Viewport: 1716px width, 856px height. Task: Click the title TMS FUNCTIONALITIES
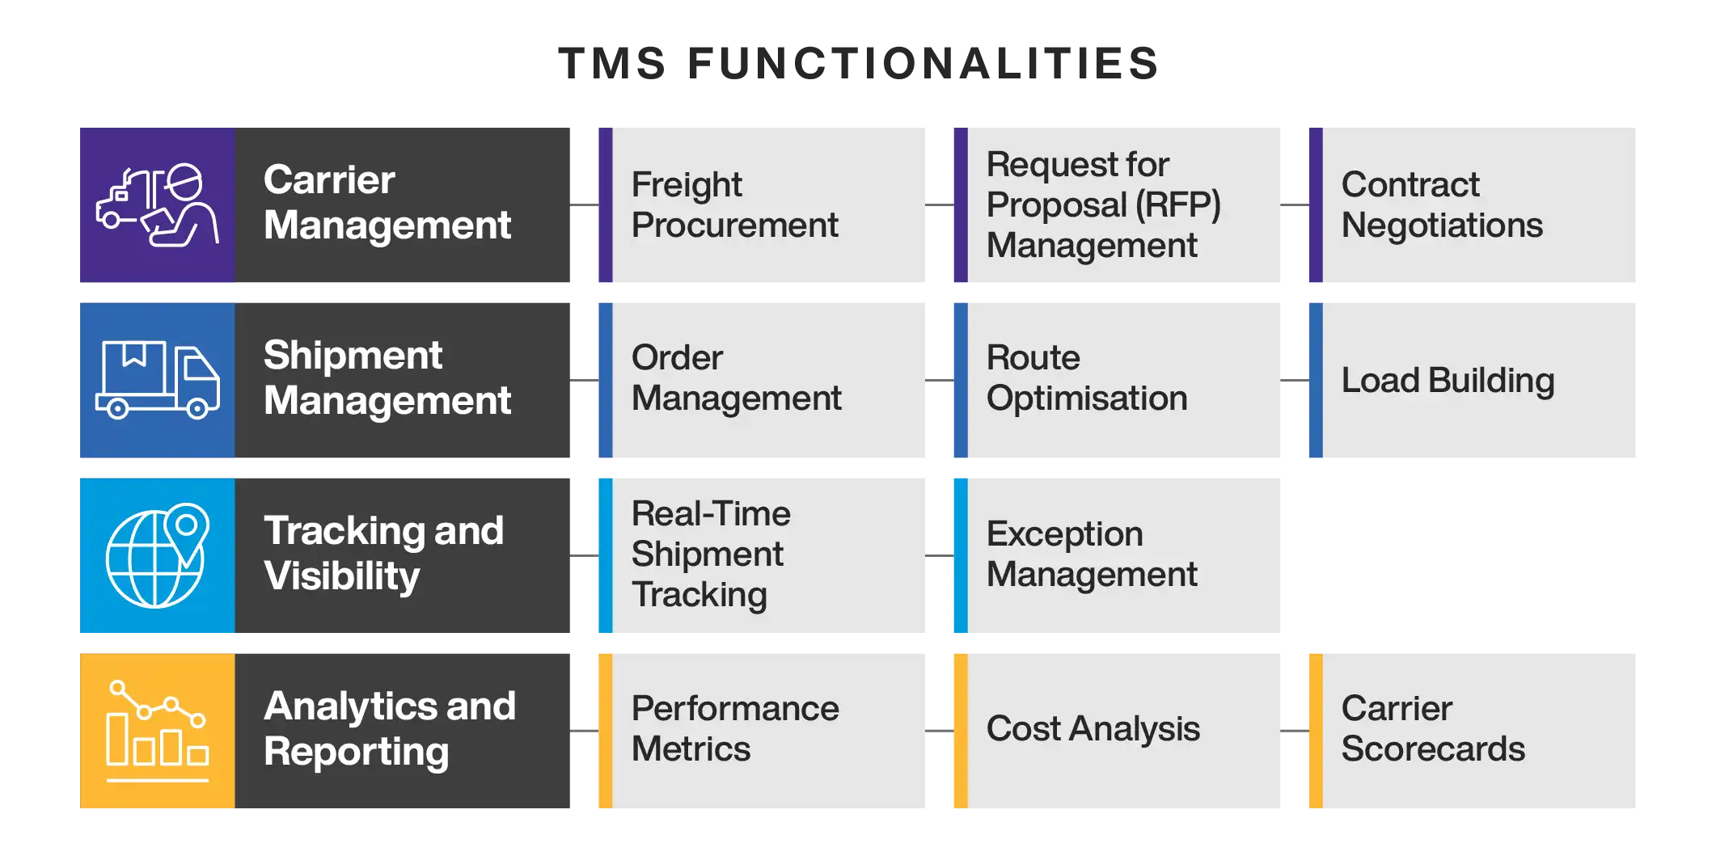click(x=859, y=63)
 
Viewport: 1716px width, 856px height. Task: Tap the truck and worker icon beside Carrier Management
click(x=157, y=205)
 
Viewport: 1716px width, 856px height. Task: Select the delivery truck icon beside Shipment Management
click(x=157, y=380)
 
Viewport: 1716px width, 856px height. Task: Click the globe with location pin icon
click(x=157, y=555)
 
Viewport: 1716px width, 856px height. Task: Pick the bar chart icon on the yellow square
click(x=157, y=731)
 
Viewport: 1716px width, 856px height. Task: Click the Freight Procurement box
click(x=761, y=205)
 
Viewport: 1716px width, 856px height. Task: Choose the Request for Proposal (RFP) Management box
click(x=1117, y=205)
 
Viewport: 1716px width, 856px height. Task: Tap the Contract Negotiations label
click(x=1442, y=205)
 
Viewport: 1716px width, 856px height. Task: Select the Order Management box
click(x=761, y=380)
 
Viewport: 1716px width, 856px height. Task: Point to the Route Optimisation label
click(x=1087, y=377)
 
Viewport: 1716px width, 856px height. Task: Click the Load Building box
click(x=1472, y=380)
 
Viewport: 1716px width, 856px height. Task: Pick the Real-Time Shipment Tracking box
click(x=761, y=555)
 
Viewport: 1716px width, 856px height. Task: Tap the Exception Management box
click(x=1117, y=555)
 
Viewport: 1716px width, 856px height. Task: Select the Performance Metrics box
click(x=761, y=731)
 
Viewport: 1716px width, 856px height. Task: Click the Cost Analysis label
click(x=1093, y=729)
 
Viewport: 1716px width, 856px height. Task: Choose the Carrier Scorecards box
click(x=1472, y=731)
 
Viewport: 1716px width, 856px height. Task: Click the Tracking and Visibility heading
click(x=383, y=554)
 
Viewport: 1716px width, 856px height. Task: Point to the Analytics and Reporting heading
click(x=390, y=729)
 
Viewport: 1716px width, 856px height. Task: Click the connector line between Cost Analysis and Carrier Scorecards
click(x=1295, y=731)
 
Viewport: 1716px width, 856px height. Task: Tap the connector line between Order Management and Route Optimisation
click(x=940, y=380)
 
